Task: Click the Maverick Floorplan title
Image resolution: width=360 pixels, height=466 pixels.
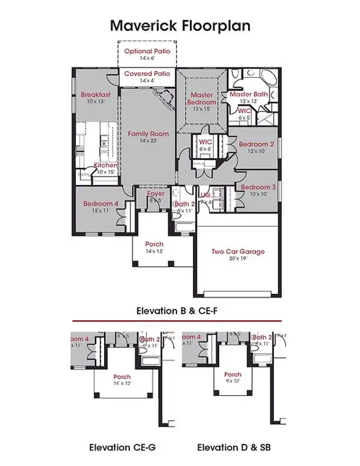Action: click(179, 25)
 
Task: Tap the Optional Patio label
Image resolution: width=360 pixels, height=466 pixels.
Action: click(146, 52)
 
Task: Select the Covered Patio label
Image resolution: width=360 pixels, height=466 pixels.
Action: click(147, 74)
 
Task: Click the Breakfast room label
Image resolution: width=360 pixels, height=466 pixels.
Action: click(96, 95)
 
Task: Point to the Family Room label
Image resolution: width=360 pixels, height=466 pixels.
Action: click(148, 134)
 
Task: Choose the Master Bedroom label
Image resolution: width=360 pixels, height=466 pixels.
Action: click(201, 99)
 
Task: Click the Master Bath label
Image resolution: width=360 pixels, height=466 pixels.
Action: click(249, 95)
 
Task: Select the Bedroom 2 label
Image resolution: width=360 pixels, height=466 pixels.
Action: click(256, 145)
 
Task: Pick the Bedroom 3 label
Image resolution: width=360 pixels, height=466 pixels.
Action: click(258, 187)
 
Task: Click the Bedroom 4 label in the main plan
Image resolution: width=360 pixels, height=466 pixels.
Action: click(101, 204)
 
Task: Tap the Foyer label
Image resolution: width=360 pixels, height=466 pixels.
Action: click(156, 194)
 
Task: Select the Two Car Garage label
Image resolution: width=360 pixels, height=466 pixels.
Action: click(238, 252)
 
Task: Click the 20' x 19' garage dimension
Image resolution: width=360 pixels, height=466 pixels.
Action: click(237, 258)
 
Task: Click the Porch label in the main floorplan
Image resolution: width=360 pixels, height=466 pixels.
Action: click(154, 244)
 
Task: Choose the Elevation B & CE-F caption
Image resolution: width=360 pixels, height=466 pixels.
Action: click(179, 310)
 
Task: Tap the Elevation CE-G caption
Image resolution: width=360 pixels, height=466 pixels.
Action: click(122, 447)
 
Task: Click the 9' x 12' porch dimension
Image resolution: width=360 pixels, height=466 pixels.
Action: click(232, 381)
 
